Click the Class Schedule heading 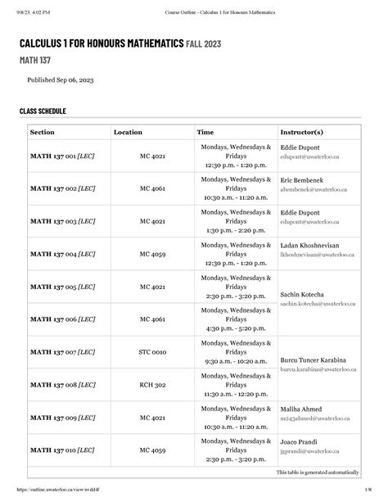[43, 111]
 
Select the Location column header [128, 132]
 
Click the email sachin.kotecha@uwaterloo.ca [320, 303]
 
